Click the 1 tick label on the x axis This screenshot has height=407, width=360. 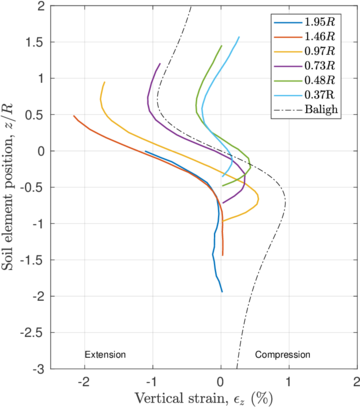[x=289, y=380]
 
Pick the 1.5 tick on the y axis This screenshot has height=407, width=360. [x=35, y=42]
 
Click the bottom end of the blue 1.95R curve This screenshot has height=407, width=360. [x=222, y=291]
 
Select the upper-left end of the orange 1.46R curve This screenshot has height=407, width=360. [x=74, y=115]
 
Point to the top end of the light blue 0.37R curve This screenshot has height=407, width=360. [x=239, y=37]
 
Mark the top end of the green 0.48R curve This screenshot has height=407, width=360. [x=222, y=45]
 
